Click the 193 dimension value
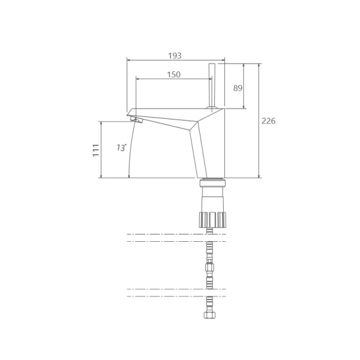click(x=175, y=56)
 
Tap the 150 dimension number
click(x=173, y=74)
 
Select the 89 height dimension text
click(x=238, y=88)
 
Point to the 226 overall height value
click(x=268, y=121)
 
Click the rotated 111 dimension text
click(x=96, y=151)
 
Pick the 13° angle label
click(x=121, y=148)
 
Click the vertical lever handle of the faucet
click(x=212, y=85)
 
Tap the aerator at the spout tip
click(x=137, y=119)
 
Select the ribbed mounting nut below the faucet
click(x=212, y=220)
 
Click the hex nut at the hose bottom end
click(x=209, y=314)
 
